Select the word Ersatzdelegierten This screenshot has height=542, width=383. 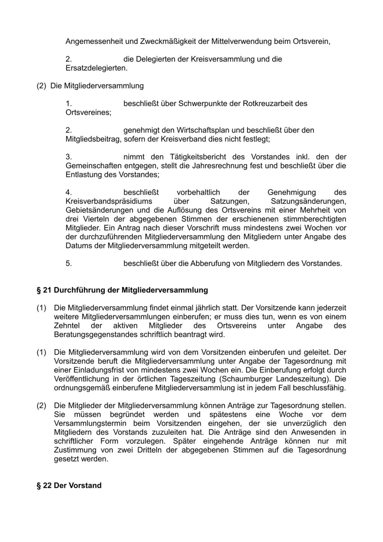coord(96,68)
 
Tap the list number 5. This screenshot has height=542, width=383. coord(68,264)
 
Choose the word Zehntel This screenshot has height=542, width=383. coord(67,326)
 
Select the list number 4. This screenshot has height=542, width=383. coord(68,193)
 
